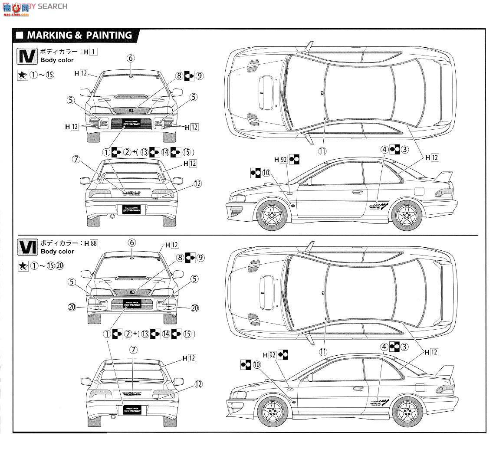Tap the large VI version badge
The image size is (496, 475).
(x=26, y=247)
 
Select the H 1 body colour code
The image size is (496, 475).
(x=91, y=52)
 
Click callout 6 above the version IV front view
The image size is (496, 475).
(x=131, y=59)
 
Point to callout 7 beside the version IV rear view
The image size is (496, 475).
(x=77, y=159)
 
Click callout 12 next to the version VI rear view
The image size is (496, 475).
(x=198, y=383)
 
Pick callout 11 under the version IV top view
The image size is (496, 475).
(x=322, y=151)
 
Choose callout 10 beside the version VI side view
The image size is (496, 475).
(x=256, y=365)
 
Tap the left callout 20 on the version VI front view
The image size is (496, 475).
(x=72, y=308)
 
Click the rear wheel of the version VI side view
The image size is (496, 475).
(x=407, y=410)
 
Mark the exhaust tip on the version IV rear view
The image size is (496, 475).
(x=112, y=216)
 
